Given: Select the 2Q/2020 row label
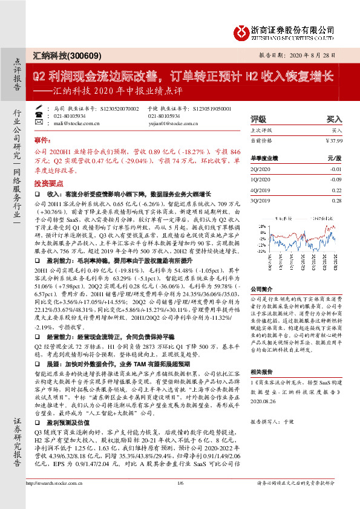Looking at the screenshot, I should click(x=260, y=170).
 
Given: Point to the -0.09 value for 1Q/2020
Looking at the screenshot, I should click(x=336, y=180).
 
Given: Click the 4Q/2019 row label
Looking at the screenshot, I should click(x=260, y=190).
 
